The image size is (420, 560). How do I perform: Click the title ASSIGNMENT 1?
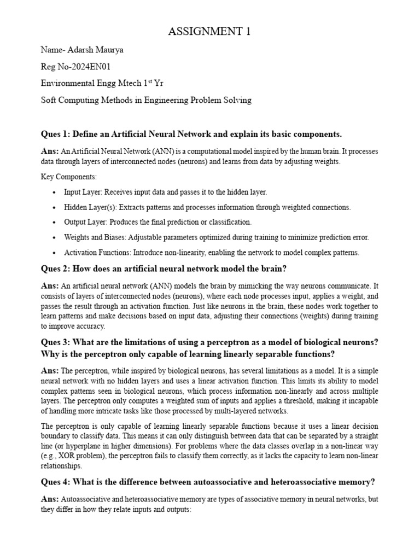[209, 32]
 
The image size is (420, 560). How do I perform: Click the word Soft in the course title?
[50, 100]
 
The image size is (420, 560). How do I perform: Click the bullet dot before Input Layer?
[53, 192]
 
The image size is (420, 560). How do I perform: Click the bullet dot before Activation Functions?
[53, 253]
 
